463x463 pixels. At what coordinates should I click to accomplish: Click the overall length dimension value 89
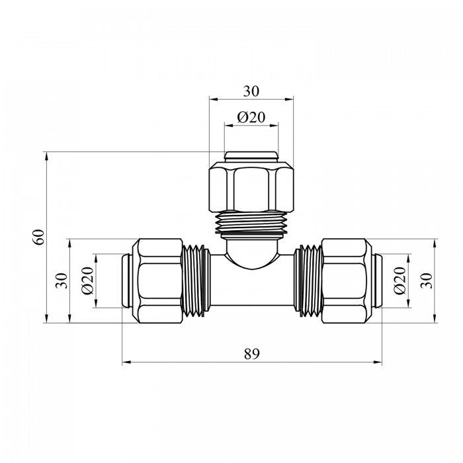tap(251, 354)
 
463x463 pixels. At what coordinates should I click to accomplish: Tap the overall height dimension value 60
tap(38, 237)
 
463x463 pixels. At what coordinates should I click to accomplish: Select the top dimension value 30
tap(251, 91)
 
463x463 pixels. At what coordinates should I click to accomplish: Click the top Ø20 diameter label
tap(251, 117)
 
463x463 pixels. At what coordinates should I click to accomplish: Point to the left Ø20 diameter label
tap(88, 280)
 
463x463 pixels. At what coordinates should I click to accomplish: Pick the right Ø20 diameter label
tap(400, 280)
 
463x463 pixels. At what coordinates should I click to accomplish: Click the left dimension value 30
tap(62, 281)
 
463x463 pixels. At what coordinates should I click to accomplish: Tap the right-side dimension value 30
tap(427, 281)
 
